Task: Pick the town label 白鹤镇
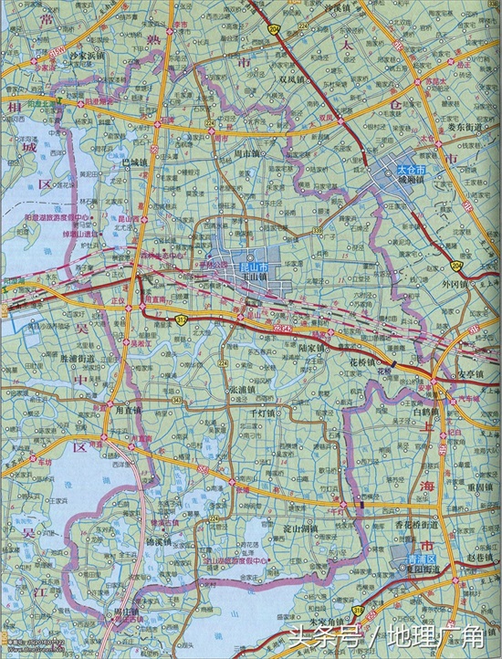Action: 426,412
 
